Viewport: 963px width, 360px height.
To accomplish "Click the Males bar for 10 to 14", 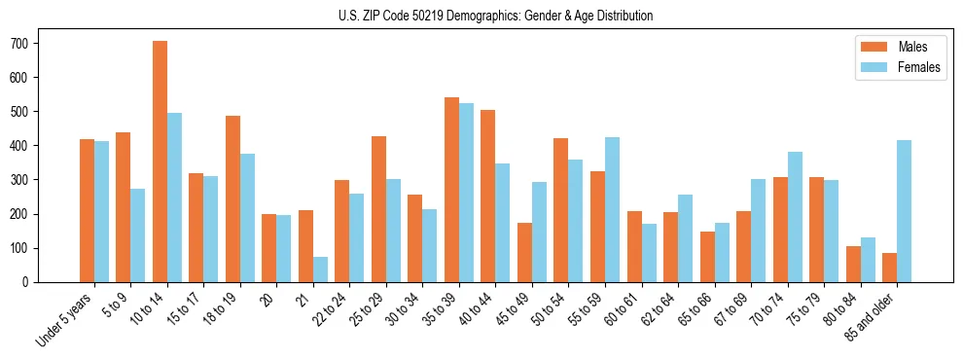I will pyautogui.click(x=160, y=162).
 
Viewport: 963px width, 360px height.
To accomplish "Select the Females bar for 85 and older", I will pyautogui.click(x=905, y=211).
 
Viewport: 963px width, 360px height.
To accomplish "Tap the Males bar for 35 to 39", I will pyautogui.click(x=451, y=190).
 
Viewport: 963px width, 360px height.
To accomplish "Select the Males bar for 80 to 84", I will pyautogui.click(x=853, y=264).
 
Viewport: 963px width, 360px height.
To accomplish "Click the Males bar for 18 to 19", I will pyautogui.click(x=232, y=198).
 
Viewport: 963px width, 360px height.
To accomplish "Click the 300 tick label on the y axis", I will pyautogui.click(x=25, y=180).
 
